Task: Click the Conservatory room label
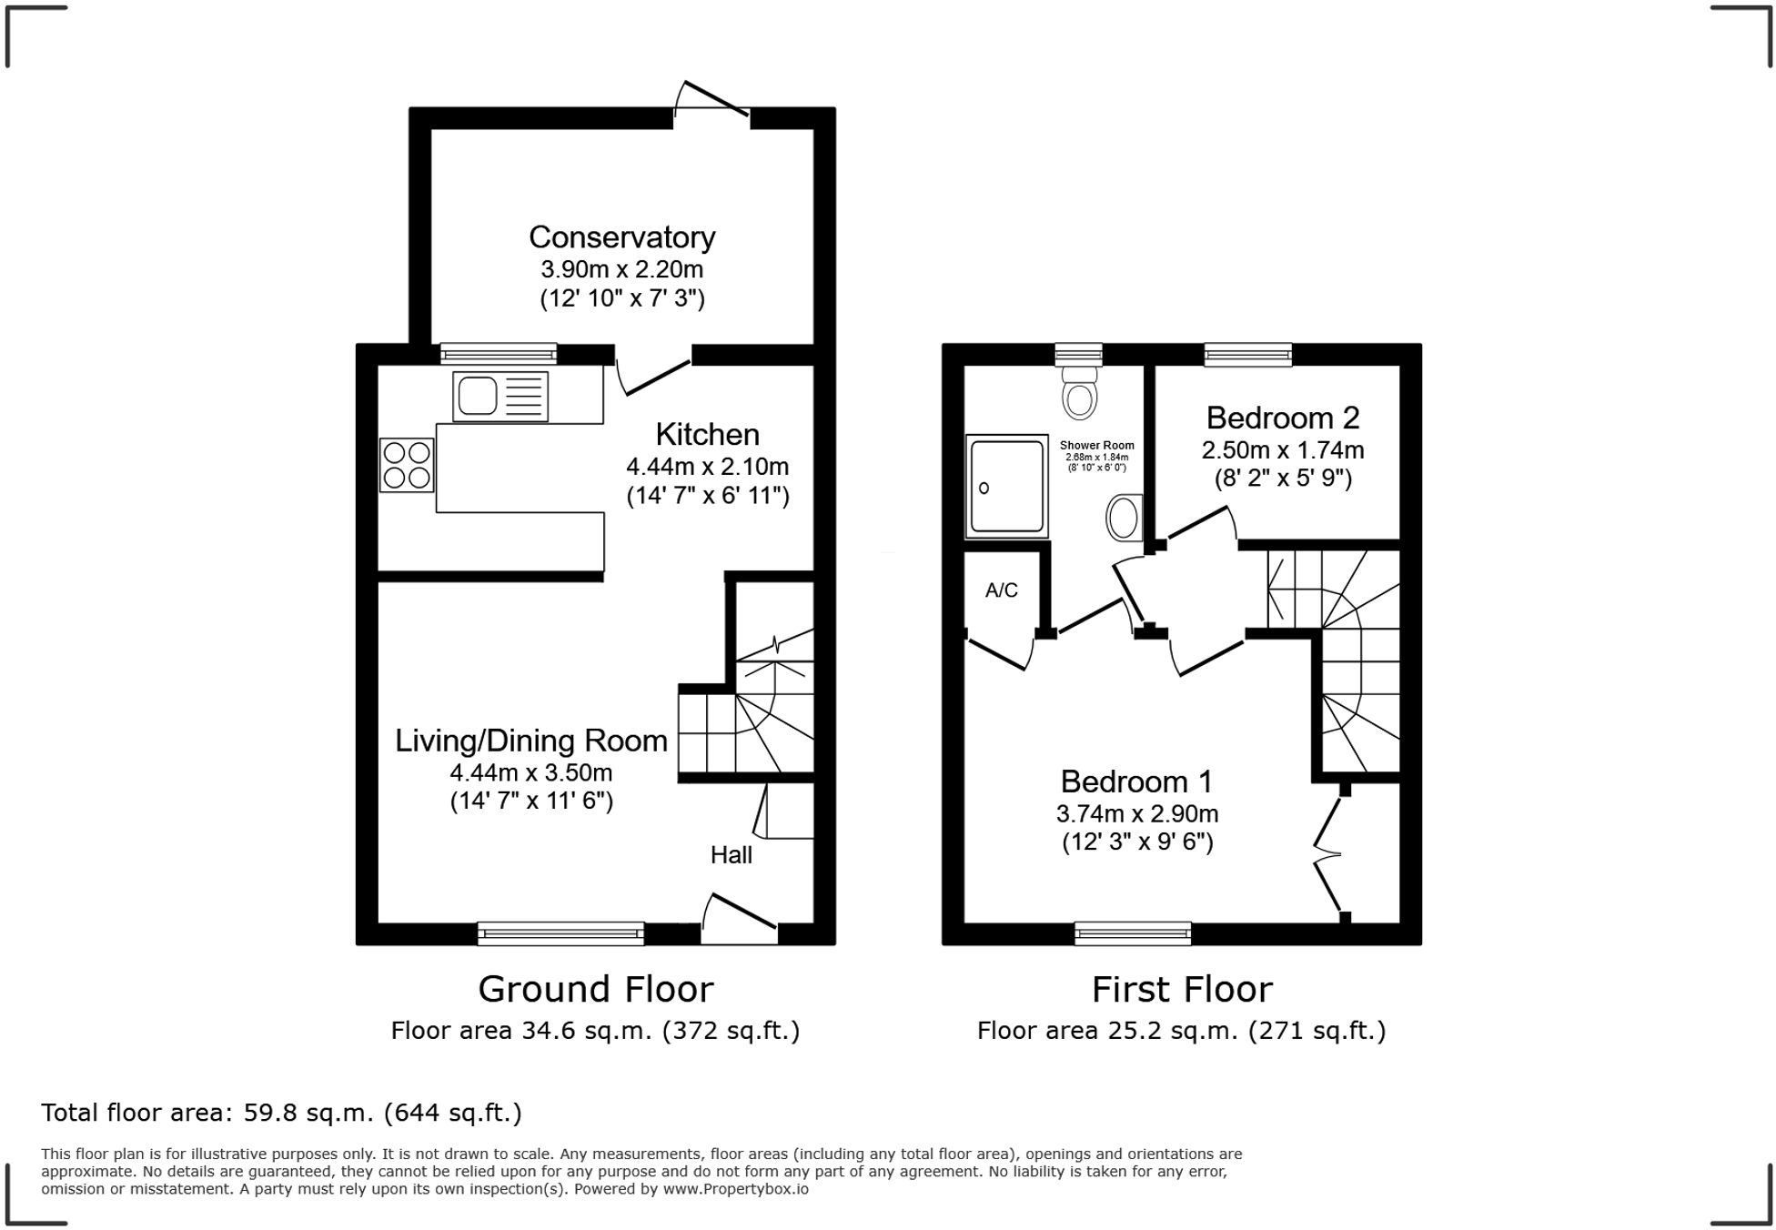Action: coord(621,237)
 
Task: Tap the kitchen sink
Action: coord(500,397)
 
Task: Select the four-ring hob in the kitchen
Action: coord(407,465)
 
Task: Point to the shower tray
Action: coord(1006,486)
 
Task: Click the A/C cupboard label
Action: coord(1002,590)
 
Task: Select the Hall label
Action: coord(732,854)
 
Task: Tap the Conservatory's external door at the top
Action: coord(711,99)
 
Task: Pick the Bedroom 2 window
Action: coord(1247,355)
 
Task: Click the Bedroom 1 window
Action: coord(1133,933)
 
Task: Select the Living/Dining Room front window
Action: coord(561,933)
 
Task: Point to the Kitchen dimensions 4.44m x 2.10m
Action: coord(707,467)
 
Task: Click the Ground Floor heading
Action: coord(596,989)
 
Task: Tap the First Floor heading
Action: coord(1182,989)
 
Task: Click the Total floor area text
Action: coord(281,1113)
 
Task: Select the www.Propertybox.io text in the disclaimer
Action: coord(735,1189)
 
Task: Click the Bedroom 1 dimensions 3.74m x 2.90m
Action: coord(1137,814)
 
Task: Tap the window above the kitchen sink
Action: coord(498,354)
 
